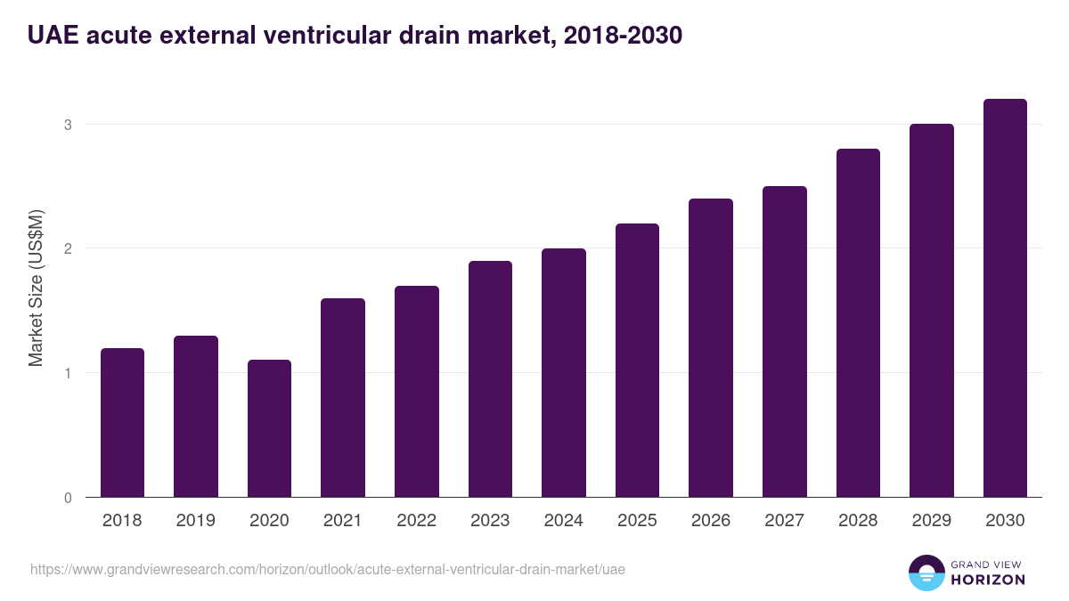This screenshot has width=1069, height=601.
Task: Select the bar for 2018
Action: [x=122, y=422]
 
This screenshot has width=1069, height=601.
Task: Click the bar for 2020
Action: [x=269, y=428]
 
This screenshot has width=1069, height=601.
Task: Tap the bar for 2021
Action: [x=343, y=397]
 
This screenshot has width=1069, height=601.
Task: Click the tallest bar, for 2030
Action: [x=1005, y=297]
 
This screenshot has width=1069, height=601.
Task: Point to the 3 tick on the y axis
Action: [x=67, y=125]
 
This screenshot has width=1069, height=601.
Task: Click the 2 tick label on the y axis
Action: [x=67, y=248]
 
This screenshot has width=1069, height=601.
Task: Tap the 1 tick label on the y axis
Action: [x=67, y=373]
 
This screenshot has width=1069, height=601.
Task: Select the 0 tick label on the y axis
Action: [x=67, y=498]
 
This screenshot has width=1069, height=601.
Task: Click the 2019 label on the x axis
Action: [x=196, y=521]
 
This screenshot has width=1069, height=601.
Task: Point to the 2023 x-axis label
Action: [x=490, y=521]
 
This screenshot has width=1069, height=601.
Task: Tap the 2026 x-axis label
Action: [x=711, y=521]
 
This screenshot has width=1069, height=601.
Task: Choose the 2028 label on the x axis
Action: [x=858, y=521]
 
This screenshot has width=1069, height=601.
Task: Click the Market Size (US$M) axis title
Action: [x=37, y=288]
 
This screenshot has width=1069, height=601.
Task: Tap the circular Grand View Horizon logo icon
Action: [x=926, y=573]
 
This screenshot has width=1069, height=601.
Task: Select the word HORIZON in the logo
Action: [x=989, y=580]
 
